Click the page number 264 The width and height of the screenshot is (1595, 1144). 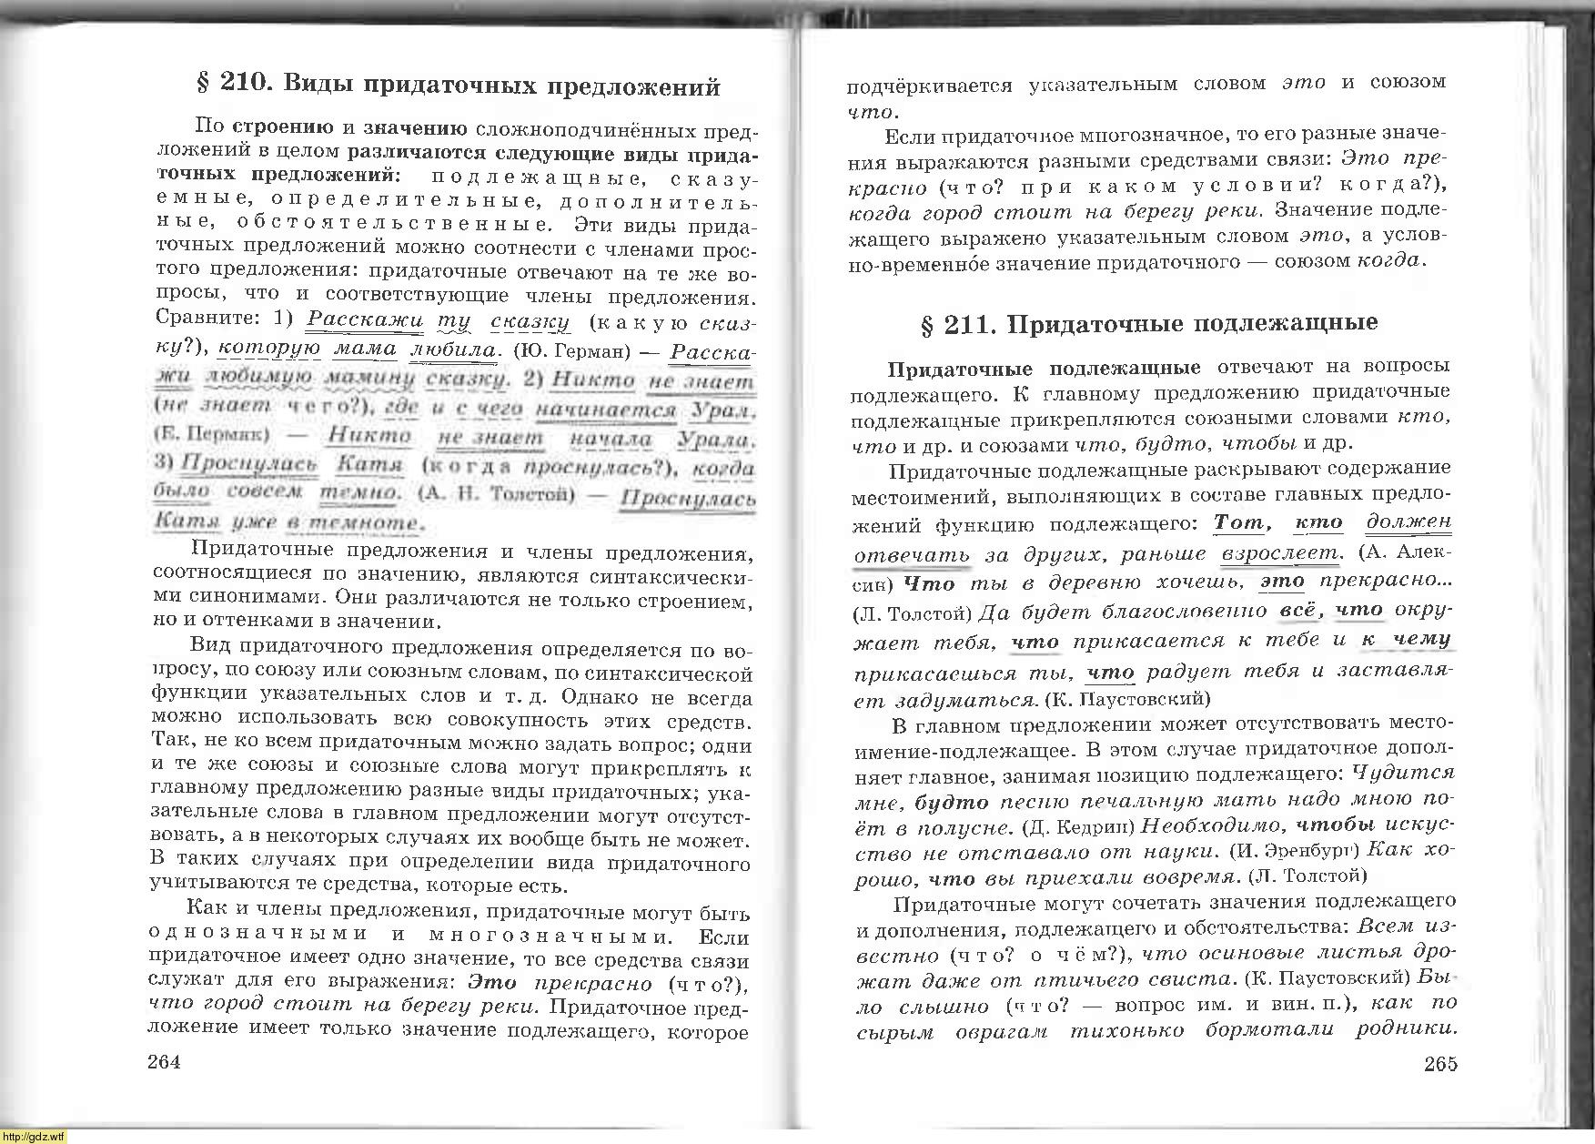point(164,1061)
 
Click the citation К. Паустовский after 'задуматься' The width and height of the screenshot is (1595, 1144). point(1128,699)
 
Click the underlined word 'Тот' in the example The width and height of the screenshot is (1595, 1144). point(1239,523)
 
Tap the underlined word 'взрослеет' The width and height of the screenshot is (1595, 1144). point(1280,553)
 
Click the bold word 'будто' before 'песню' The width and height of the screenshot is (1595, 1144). point(952,803)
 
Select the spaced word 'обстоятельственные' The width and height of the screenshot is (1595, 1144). point(393,223)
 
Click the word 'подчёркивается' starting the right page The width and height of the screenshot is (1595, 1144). point(929,86)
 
